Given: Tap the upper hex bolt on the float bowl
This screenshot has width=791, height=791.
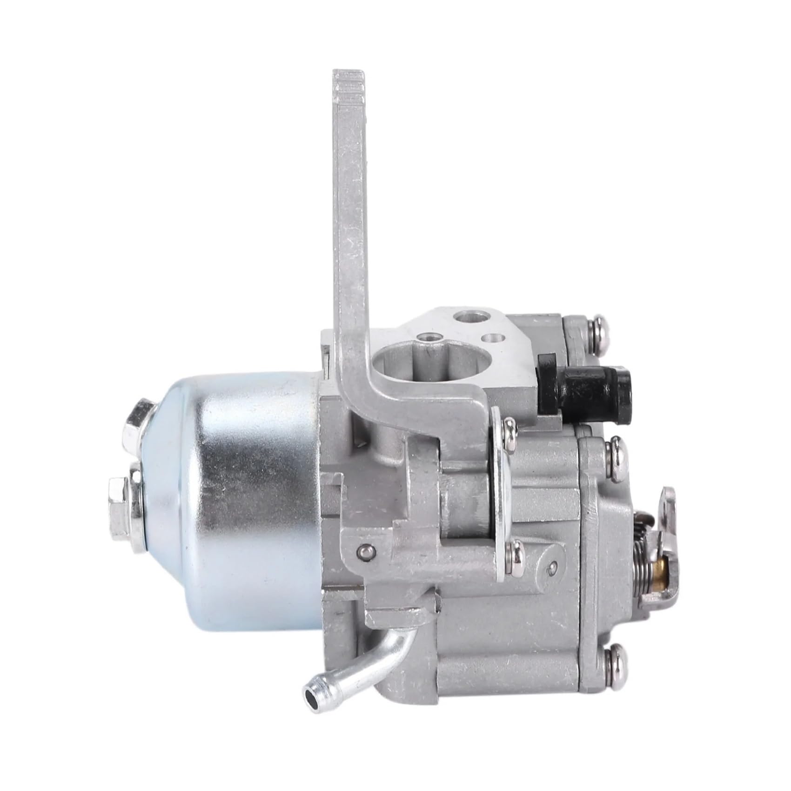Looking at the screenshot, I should pos(141,423).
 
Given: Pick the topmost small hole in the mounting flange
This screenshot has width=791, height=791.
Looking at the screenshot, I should pos(466,317).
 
